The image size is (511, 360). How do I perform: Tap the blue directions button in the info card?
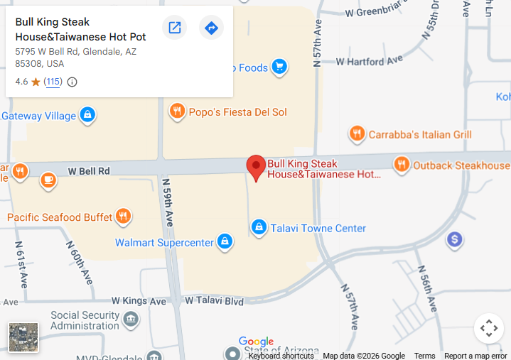coord(211,28)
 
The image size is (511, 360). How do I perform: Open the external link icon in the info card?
coord(174,28)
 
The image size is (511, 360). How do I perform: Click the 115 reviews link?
coord(53,82)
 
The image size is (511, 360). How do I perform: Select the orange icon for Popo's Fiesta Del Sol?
coord(177,111)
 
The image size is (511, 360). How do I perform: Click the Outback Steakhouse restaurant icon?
coord(402,165)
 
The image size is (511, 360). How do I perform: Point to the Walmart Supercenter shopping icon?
coord(225,242)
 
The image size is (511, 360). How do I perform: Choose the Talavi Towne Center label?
coord(318,228)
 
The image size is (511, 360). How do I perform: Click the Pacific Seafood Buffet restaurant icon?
coord(124,217)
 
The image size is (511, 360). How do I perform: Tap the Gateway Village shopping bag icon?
coord(87,115)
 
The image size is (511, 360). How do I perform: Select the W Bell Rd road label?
coord(89,171)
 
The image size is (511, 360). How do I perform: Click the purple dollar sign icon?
coord(455,240)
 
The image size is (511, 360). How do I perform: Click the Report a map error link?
coord(475,356)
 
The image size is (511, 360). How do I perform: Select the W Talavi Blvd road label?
coord(214,301)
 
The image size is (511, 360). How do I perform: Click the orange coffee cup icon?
coord(48,180)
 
